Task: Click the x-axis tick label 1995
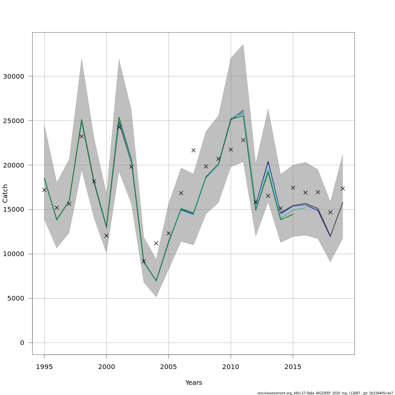click(44, 367)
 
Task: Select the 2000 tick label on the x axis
click(106, 367)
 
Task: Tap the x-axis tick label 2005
click(169, 367)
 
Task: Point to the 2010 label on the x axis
click(231, 367)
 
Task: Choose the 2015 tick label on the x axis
click(293, 367)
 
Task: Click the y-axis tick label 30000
click(13, 76)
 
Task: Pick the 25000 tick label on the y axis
click(13, 121)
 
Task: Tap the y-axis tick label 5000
click(15, 299)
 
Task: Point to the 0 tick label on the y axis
click(22, 343)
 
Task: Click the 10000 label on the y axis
click(13, 254)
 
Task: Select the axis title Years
click(194, 382)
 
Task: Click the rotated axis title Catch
click(5, 194)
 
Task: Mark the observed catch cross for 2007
click(194, 150)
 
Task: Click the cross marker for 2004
click(156, 243)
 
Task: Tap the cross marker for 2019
click(343, 188)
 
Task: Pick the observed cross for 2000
click(106, 236)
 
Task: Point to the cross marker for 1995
click(44, 190)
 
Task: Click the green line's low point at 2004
click(156, 281)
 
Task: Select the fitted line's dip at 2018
click(330, 236)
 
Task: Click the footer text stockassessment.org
click(274, 393)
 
